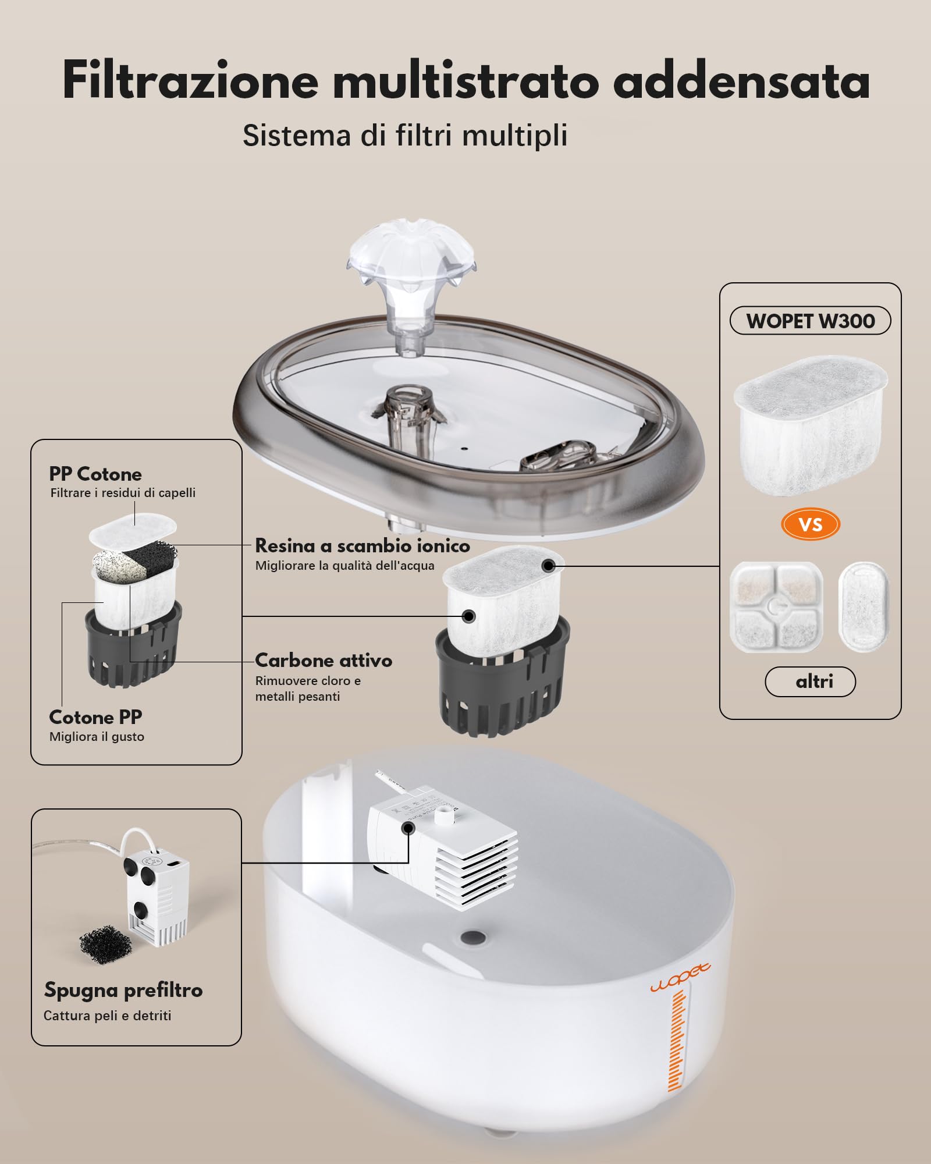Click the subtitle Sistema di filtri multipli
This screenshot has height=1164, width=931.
(x=405, y=136)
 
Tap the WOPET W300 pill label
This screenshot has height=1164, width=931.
(x=810, y=321)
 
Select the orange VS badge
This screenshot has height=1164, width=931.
(x=810, y=524)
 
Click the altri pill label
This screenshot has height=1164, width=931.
(x=810, y=682)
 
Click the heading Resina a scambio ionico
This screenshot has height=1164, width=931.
(x=362, y=546)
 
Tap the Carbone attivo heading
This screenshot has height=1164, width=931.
(x=324, y=661)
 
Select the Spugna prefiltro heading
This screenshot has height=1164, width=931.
(x=123, y=990)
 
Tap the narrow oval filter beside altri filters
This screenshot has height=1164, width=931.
(x=864, y=605)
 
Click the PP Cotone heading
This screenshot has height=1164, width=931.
(x=95, y=474)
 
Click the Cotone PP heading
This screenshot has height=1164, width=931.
(x=95, y=717)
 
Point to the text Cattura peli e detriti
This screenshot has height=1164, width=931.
(x=107, y=1016)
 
